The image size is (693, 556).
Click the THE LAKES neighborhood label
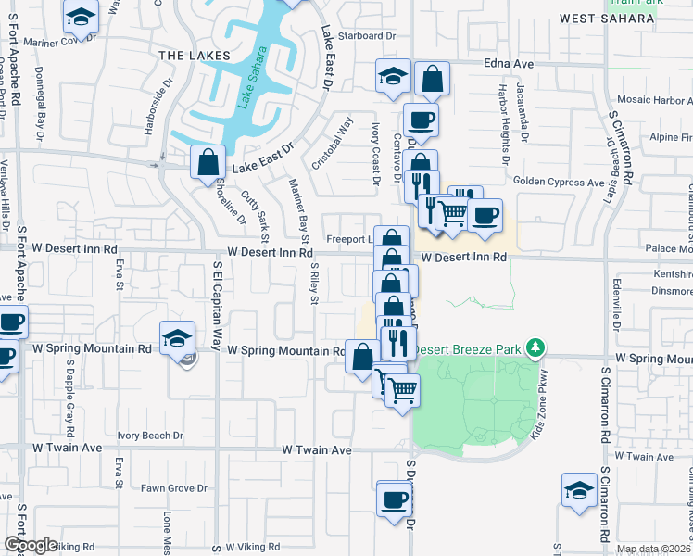[194, 56]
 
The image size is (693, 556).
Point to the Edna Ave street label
[509, 64]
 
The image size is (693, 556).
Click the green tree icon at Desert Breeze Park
[534, 347]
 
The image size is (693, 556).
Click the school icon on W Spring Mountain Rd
[176, 339]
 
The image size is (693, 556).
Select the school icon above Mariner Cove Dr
[82, 16]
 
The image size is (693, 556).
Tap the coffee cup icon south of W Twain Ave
[394, 499]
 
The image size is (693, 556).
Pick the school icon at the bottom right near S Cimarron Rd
[579, 490]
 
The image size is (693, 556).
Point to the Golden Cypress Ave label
[558, 183]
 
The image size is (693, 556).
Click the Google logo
[31, 544]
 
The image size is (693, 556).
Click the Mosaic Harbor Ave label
[649, 100]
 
